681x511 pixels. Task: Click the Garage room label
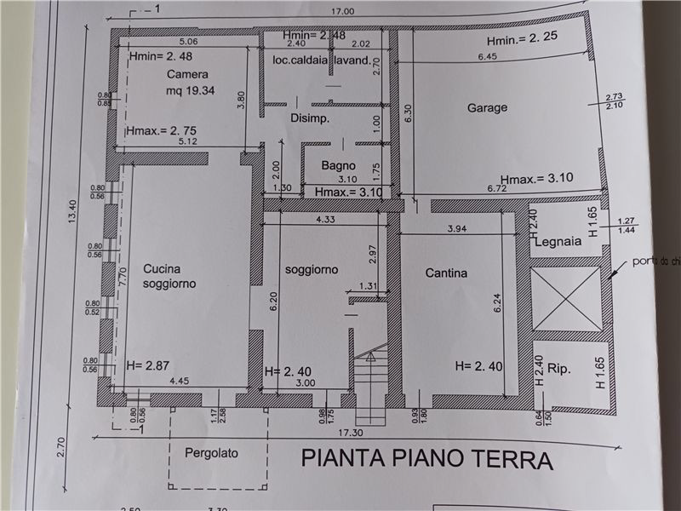(487, 108)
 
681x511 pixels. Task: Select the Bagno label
(338, 165)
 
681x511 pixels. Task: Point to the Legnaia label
(558, 242)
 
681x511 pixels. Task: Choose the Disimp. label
(309, 118)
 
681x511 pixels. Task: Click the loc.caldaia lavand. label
(322, 60)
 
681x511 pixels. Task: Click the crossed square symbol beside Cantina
(565, 299)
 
